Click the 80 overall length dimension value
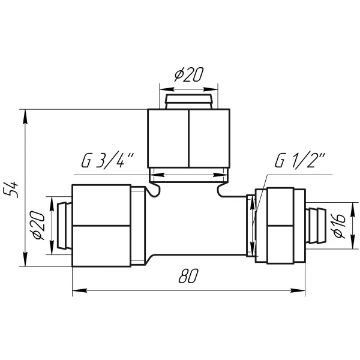click(188, 276)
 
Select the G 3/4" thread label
click(107, 160)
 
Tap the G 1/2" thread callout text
click(300, 160)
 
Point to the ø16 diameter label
click(340, 226)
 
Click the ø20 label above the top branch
click(189, 74)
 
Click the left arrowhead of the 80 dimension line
click(79, 290)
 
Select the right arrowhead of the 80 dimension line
click(298, 290)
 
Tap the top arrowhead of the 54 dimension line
click(25, 116)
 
